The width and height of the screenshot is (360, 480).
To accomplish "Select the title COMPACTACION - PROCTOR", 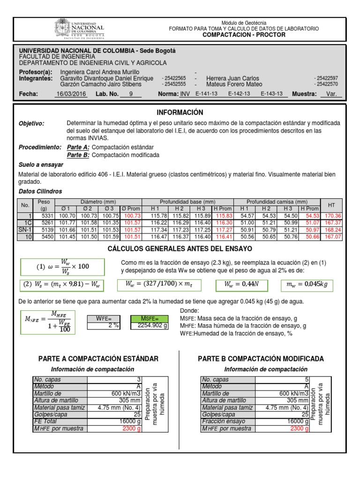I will click(x=244, y=35).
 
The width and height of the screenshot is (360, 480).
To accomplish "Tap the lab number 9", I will click(x=131, y=94).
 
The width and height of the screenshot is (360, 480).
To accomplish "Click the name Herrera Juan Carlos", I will click(x=232, y=78).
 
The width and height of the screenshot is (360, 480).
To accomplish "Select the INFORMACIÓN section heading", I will click(x=180, y=112).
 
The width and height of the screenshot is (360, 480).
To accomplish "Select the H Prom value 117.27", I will click(x=223, y=230).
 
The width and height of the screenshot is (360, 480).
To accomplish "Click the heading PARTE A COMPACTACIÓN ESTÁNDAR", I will click(x=98, y=359).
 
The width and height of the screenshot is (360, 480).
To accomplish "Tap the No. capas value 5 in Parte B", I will click(x=307, y=380).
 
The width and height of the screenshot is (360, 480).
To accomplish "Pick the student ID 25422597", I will click(x=327, y=78).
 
